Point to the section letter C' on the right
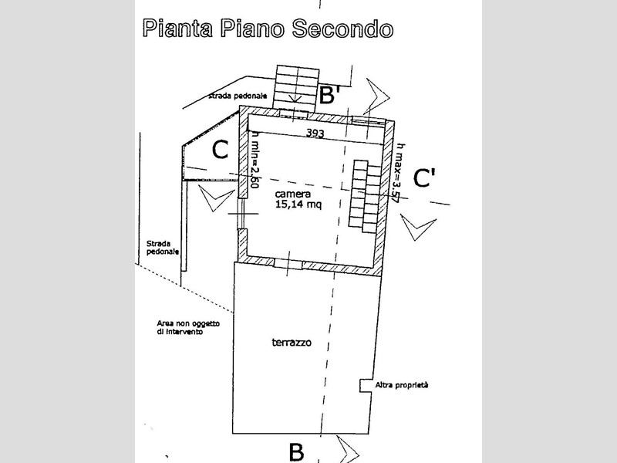[x=425, y=178]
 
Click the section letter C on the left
[x=219, y=150]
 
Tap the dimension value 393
[x=315, y=133]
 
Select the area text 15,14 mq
[x=298, y=205]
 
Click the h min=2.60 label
[x=255, y=160]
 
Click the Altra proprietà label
[x=401, y=384]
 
